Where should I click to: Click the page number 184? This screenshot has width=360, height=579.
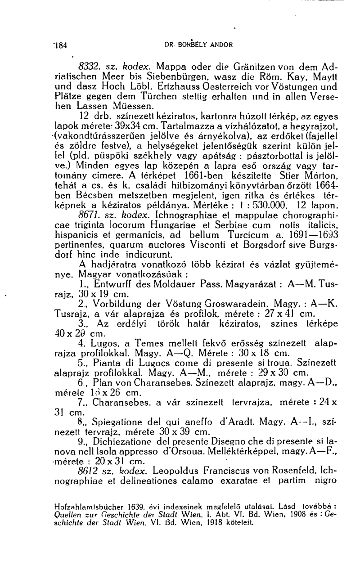coord(59,45)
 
